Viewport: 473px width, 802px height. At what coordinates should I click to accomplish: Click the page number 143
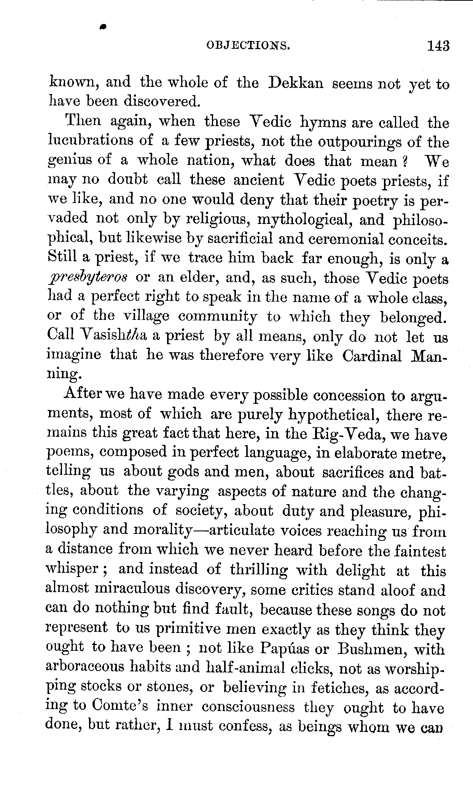click(438, 46)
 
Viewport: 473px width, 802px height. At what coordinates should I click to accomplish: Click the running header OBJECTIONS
click(248, 46)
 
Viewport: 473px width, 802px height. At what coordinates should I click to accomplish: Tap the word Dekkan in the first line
click(296, 83)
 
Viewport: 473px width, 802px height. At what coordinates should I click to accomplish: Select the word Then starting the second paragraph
click(82, 123)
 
